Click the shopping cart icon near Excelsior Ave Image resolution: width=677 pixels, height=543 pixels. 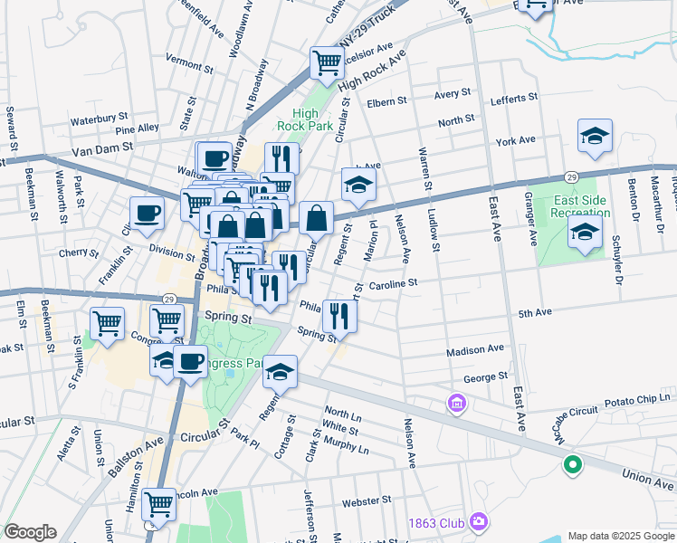(327, 62)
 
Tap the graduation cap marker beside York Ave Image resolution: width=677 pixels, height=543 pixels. (595, 137)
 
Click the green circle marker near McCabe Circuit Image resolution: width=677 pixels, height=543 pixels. (572, 466)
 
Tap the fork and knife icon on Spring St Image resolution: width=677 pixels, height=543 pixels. (340, 316)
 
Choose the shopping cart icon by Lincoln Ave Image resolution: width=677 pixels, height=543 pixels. (158, 504)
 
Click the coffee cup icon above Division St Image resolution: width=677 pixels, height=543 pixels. (147, 214)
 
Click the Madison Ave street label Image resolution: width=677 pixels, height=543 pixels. (475, 348)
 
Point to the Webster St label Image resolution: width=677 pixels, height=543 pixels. (367, 499)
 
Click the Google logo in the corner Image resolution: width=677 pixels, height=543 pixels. (30, 532)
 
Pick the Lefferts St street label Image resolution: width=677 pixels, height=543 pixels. (514, 97)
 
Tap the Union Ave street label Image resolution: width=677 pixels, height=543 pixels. (647, 473)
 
